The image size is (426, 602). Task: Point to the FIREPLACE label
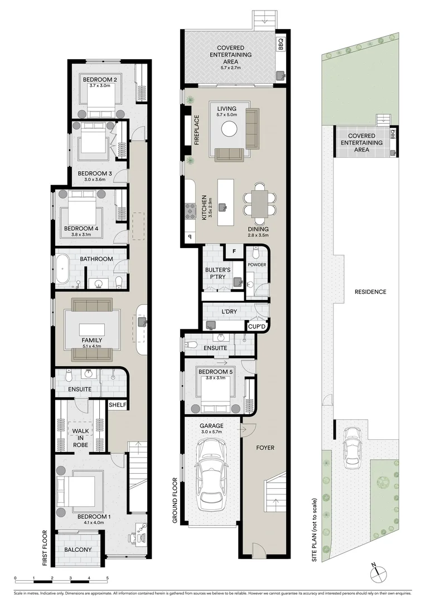[196, 131]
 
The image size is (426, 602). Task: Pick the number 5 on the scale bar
[108, 578]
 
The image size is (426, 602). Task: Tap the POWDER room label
[256, 265]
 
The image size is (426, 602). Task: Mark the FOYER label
[265, 448]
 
